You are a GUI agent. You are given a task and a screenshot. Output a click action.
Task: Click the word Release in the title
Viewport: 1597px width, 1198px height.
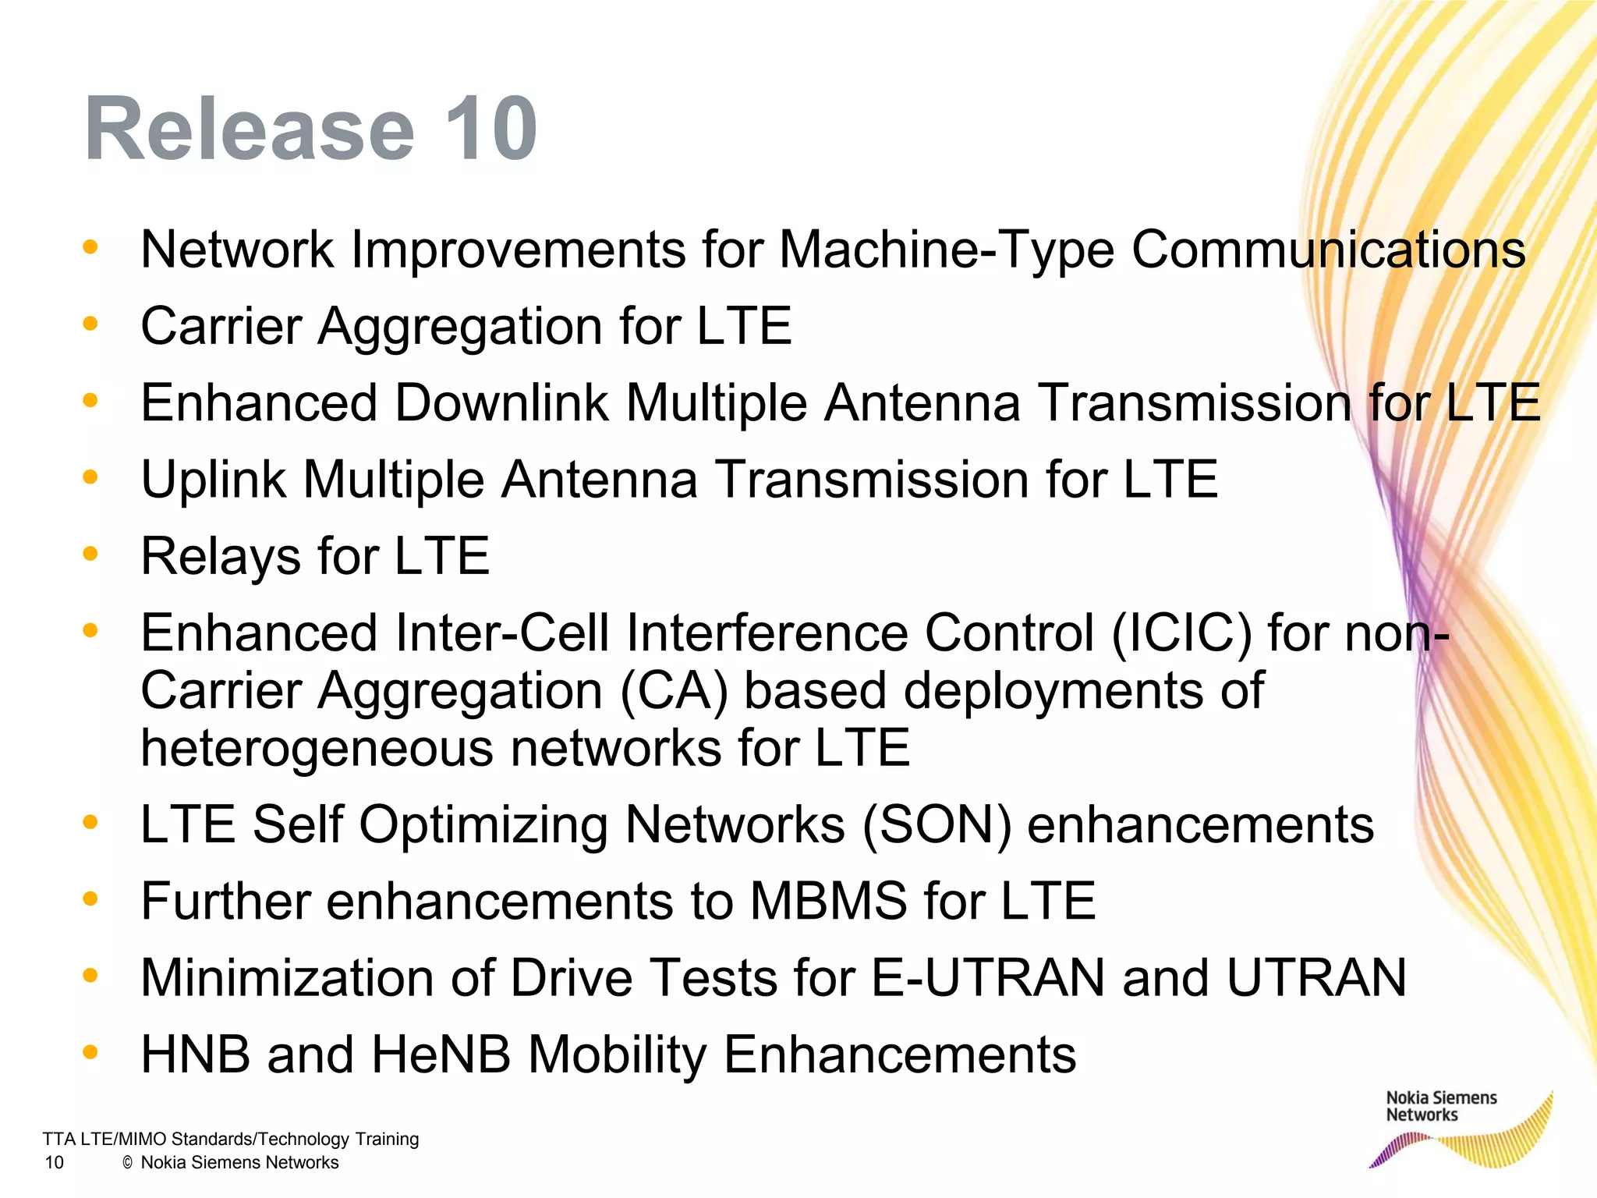pos(250,129)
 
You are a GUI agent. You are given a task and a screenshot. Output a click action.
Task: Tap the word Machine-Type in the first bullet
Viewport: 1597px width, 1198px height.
pos(946,250)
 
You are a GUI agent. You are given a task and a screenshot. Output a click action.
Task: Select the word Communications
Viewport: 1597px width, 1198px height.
pos(1328,250)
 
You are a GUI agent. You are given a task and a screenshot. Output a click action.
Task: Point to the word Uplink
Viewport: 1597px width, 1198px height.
pos(213,480)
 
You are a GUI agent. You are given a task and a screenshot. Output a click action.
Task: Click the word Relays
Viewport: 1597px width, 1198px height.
pos(220,557)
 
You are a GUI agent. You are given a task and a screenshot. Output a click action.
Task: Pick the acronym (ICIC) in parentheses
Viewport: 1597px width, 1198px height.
pos(1181,633)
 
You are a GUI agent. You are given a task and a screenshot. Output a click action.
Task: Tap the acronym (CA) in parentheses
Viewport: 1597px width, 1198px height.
pos(674,691)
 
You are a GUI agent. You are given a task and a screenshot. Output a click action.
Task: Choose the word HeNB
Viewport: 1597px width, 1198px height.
pos(441,1054)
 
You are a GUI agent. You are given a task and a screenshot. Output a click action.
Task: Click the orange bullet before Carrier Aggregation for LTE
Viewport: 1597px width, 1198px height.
pos(90,324)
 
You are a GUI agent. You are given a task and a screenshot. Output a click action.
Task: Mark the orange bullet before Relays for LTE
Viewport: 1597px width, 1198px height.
pos(90,555)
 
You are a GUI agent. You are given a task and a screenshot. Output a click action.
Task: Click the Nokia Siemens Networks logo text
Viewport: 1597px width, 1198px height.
pos(1440,1106)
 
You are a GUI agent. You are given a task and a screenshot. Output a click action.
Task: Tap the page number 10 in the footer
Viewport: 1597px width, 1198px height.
pos(54,1163)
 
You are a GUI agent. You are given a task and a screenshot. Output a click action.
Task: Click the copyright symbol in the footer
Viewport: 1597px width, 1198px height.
pos(128,1163)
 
